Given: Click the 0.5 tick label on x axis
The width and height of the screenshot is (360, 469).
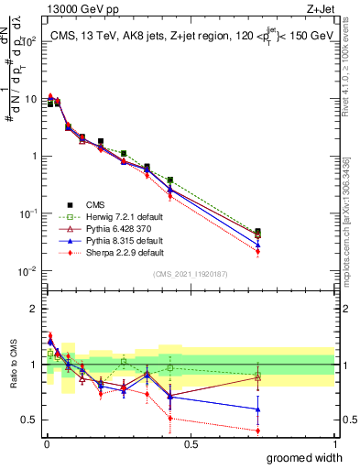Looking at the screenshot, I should [x=191, y=443].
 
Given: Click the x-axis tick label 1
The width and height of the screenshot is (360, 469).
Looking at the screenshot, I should [x=334, y=443].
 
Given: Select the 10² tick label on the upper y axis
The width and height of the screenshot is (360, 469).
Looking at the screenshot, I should [x=29, y=41].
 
